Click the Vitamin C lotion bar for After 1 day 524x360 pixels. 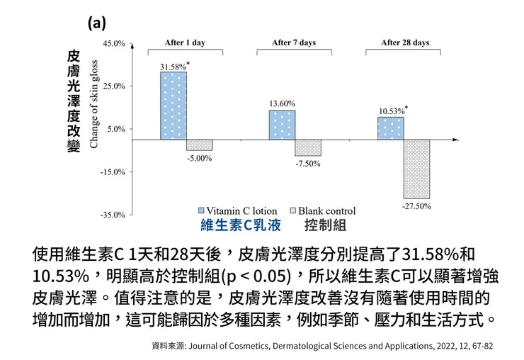(x=173, y=106)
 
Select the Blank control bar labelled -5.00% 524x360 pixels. (x=199, y=145)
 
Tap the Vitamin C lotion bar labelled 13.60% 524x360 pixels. (x=282, y=125)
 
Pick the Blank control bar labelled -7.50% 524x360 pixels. (x=308, y=147)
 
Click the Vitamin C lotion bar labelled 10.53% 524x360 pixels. (x=391, y=128)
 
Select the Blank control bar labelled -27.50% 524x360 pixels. (x=416, y=169)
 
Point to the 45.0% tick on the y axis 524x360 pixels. (x=115, y=44)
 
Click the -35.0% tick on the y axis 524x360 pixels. (x=115, y=214)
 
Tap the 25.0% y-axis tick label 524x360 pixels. (x=115, y=86)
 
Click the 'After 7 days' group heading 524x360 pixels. (x=294, y=43)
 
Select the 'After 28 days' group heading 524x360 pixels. (x=405, y=43)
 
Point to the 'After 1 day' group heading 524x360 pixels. (x=185, y=43)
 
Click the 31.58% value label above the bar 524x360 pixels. (x=173, y=67)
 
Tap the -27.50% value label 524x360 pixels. (x=416, y=206)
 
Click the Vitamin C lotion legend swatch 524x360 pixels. (x=200, y=211)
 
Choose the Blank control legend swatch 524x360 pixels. (x=292, y=211)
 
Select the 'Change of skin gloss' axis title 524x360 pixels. (x=93, y=105)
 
